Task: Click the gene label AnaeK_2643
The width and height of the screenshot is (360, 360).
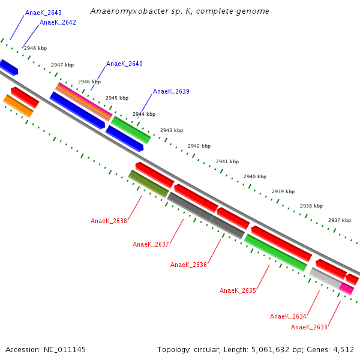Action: coord(43,13)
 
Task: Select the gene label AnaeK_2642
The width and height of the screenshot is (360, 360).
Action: coord(58,23)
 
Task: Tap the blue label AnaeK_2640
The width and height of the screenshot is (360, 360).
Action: coord(124,64)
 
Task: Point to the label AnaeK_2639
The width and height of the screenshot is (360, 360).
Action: coord(171,92)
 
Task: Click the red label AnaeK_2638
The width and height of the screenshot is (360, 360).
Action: coord(109,221)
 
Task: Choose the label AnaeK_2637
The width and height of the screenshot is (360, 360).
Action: coord(151,244)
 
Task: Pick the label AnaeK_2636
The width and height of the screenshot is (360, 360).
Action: coord(188,265)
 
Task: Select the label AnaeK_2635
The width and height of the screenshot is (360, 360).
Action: coord(238,290)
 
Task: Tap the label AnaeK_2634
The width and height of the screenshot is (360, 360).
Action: coord(288,316)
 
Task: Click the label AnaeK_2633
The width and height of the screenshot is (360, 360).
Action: coord(309,327)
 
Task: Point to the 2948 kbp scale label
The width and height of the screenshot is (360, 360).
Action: coord(35,48)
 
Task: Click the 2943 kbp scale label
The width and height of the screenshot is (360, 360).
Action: coord(172,130)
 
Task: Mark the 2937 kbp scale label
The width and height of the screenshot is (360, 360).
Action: coord(340,220)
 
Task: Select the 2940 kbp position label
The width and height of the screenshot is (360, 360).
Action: coord(255,177)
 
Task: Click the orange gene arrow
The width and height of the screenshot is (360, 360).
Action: coord(18,106)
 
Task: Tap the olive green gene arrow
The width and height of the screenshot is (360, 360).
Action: coord(148,183)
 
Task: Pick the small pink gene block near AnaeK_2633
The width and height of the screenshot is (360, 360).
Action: coord(346,288)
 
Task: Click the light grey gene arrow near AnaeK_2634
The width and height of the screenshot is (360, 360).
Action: coord(325,277)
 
